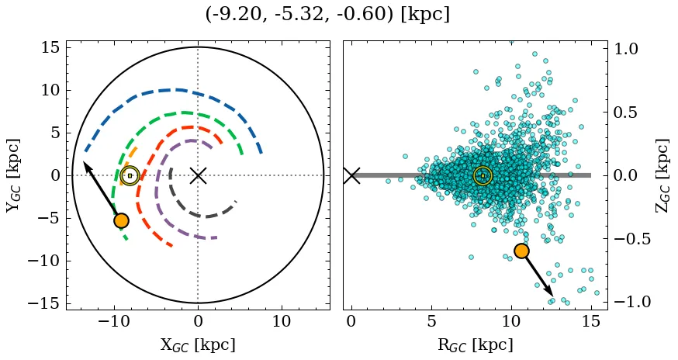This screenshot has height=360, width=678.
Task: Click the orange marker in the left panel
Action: click(120, 220)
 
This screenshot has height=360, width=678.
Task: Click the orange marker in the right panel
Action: click(521, 251)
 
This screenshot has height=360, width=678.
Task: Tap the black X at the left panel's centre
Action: click(198, 175)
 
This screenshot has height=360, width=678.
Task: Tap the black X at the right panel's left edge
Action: click(351, 175)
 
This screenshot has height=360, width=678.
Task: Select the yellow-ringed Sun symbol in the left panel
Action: click(130, 175)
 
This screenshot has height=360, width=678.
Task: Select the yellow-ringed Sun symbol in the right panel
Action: click(483, 175)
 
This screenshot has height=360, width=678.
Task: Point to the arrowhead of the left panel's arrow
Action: click(85, 164)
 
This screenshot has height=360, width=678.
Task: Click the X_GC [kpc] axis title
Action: click(198, 345)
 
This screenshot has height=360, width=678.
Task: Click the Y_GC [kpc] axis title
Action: click(14, 175)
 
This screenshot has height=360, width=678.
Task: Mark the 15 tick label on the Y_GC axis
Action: click(50, 48)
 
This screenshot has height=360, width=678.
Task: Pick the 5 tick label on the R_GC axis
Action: click(431, 322)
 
